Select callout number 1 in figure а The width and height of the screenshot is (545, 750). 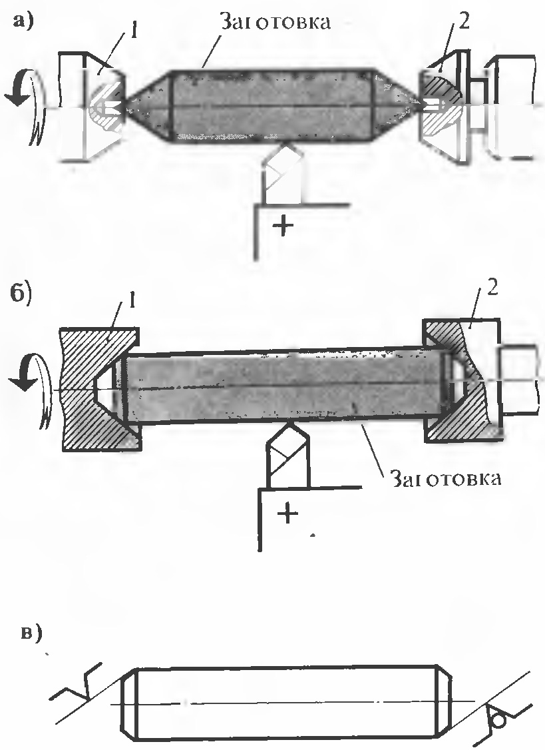pos(133,31)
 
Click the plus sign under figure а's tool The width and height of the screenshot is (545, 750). pos(284,226)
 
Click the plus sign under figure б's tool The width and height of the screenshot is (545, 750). pos(286,514)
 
